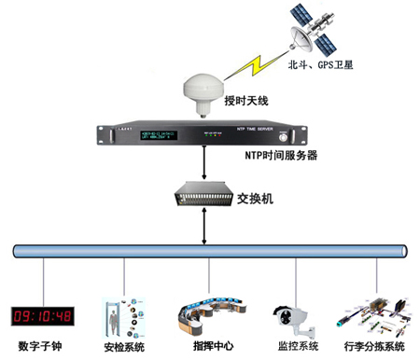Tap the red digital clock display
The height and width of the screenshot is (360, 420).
click(x=43, y=314)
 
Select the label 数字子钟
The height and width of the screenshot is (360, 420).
click(x=43, y=344)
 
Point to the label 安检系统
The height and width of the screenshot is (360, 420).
click(x=123, y=347)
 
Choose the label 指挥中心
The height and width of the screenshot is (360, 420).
click(x=212, y=346)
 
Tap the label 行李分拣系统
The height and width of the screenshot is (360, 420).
click(x=376, y=347)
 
